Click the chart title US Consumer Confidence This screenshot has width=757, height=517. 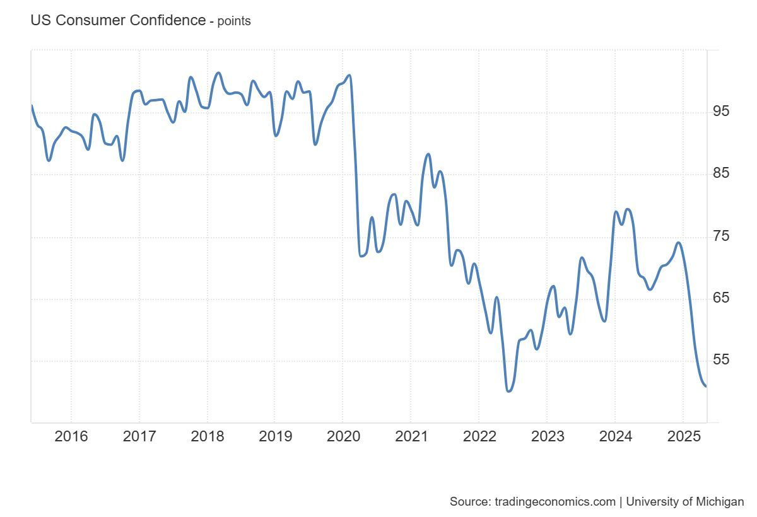117,20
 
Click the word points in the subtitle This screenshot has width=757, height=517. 234,21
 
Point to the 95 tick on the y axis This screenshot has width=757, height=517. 720,112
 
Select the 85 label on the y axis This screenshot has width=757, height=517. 720,173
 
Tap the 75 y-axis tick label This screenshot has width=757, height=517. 720,236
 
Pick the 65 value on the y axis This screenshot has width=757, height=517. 720,298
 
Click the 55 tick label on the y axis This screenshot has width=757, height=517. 720,360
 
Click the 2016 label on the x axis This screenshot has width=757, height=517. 71,436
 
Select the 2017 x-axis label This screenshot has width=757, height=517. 139,436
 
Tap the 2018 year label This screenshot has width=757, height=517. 208,436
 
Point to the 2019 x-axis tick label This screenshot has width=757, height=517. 275,436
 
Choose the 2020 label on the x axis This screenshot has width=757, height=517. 343,436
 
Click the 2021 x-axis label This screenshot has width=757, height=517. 411,436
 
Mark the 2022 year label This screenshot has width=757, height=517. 479,436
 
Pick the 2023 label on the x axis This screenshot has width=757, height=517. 547,436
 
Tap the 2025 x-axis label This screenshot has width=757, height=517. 683,436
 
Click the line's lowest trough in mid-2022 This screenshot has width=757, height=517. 508,391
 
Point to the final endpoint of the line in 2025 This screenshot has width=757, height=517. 705,386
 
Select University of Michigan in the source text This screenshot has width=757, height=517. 685,502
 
